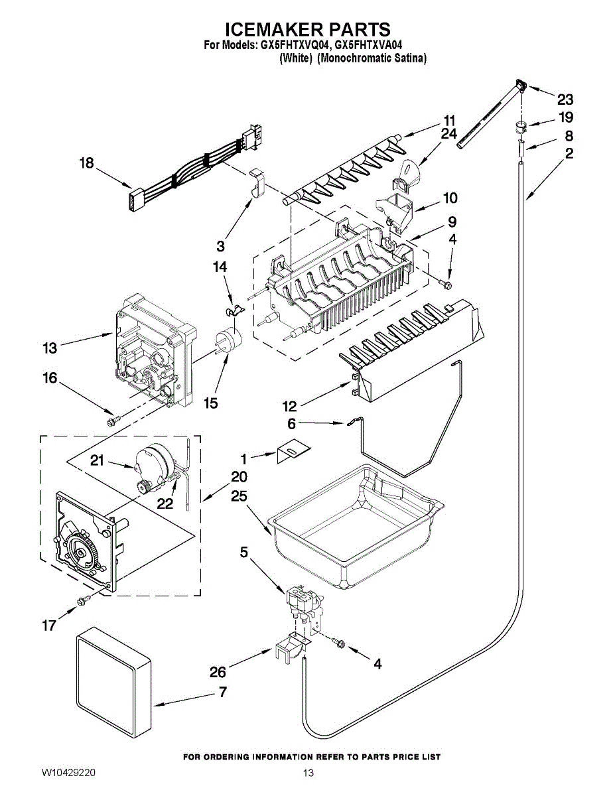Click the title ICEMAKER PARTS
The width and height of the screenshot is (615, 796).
tap(307, 30)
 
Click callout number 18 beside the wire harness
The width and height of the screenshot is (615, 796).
tap(87, 163)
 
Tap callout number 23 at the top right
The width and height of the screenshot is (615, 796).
tap(565, 99)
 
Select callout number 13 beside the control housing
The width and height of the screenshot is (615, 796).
tap(50, 346)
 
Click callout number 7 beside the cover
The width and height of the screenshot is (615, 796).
tap(222, 693)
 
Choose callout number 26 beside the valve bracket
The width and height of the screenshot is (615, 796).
tap(218, 672)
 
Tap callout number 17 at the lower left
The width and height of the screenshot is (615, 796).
tap(49, 625)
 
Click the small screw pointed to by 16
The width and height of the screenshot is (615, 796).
tap(112, 420)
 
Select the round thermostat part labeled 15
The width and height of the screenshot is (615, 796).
tap(229, 339)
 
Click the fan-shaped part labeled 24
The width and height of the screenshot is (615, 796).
tap(407, 169)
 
